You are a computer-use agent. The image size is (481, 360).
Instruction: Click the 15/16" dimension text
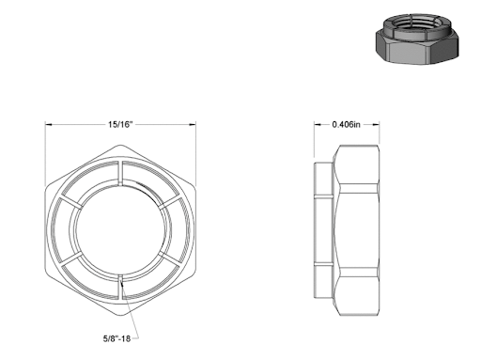click(120, 124)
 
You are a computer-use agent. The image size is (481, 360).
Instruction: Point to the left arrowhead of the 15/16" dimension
click(49, 124)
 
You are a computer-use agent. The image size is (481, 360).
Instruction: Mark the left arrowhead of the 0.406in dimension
click(314, 124)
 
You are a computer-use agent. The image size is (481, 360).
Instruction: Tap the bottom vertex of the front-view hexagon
click(120, 314)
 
